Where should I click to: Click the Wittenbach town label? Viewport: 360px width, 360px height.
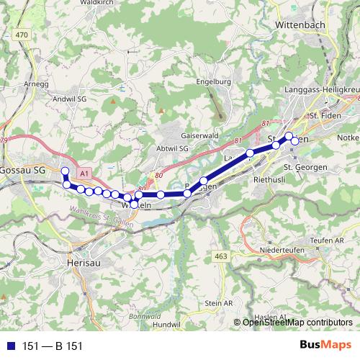pos(303,24)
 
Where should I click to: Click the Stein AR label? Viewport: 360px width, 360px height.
pos(219,304)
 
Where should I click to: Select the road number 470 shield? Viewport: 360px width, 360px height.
pos(22,35)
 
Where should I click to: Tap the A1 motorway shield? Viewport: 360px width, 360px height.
pos(84,174)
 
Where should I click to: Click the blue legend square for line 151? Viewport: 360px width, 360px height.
pos(9,346)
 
